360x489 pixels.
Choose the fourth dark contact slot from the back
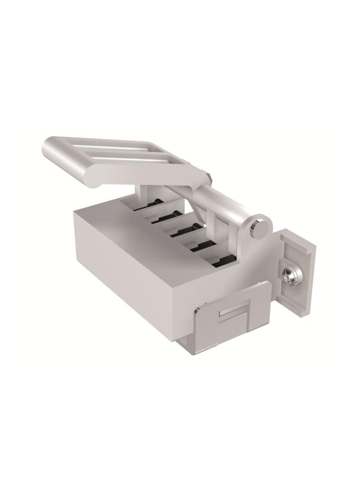pos(204,244)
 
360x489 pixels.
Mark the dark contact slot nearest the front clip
pos(224,261)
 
